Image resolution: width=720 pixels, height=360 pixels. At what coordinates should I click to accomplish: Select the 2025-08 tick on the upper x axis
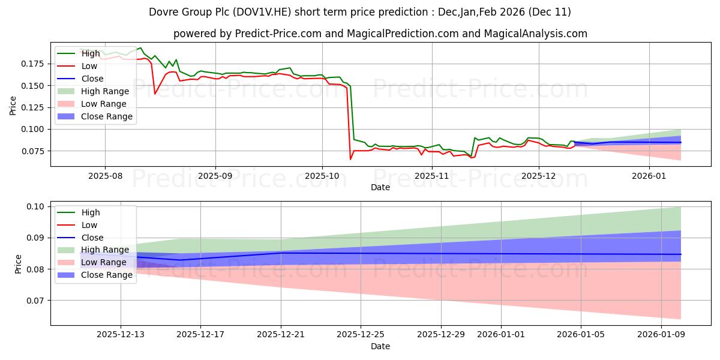tap(105, 176)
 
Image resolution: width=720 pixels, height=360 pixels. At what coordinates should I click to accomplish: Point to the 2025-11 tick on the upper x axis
tap(432, 176)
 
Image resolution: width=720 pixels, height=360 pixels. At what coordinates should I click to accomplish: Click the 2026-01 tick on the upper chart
tap(649, 176)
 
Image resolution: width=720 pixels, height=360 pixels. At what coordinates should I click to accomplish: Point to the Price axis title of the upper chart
tap(13, 106)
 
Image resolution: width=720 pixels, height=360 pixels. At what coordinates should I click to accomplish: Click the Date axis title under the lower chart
tap(380, 346)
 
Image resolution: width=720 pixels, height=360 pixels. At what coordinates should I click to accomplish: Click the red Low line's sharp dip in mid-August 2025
tap(155, 94)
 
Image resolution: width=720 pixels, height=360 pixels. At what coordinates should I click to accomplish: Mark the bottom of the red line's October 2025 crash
tap(350, 159)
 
